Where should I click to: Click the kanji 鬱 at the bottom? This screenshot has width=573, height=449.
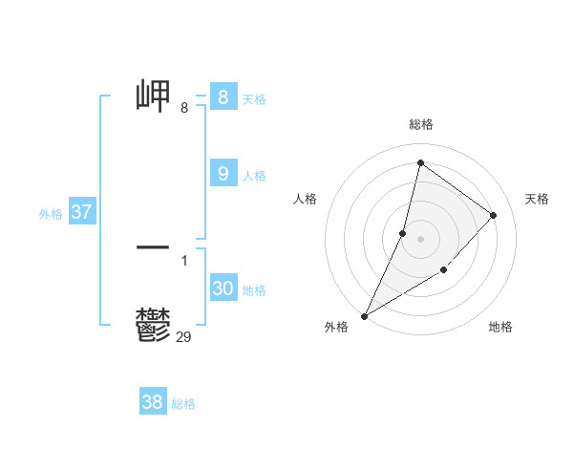tap(154, 326)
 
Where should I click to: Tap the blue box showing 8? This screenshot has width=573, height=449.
tap(223, 97)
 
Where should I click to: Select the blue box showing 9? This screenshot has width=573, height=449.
tap(223, 174)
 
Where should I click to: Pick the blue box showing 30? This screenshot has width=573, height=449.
tap(223, 289)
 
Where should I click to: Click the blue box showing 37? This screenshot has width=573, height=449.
tap(81, 212)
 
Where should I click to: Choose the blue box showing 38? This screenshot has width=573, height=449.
tap(152, 402)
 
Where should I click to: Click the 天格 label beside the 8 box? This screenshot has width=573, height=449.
tap(254, 99)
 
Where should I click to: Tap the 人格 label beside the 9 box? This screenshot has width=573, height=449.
tap(254, 176)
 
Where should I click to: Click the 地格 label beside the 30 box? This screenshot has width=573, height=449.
tap(254, 290)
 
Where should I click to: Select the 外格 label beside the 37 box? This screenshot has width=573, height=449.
tap(51, 214)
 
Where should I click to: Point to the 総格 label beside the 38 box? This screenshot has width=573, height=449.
tap(183, 404)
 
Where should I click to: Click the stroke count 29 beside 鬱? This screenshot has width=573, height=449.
tap(184, 336)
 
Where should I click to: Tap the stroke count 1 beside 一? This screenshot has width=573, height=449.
tap(184, 260)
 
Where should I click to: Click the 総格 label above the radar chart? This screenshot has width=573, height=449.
tap(421, 124)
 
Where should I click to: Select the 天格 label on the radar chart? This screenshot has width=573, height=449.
tap(537, 199)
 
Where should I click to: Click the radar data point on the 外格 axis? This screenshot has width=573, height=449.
tap(365, 316)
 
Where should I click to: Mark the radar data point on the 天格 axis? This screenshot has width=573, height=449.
tap(494, 215)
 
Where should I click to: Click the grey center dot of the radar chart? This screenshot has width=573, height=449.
tap(421, 238)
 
